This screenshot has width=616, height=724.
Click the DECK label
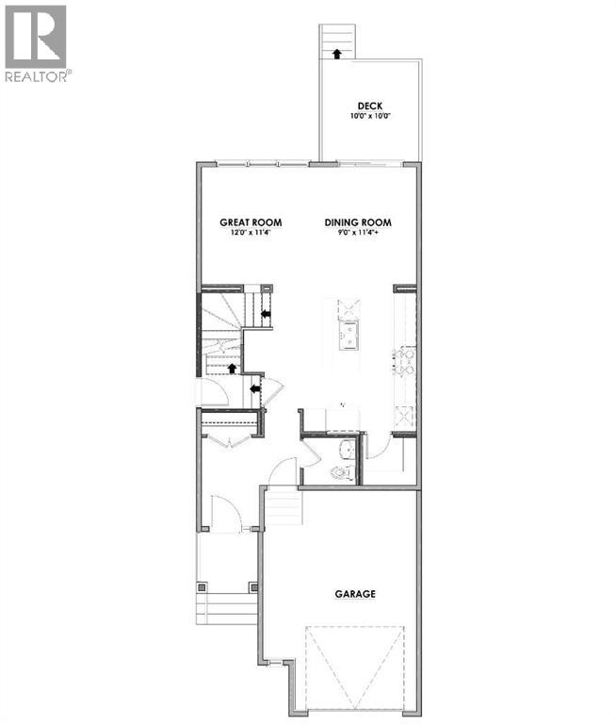(x=368, y=106)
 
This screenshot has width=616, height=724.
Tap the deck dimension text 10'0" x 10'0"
(x=368, y=117)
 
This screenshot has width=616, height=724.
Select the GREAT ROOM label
(x=247, y=223)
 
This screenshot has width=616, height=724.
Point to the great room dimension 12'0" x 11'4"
(x=247, y=234)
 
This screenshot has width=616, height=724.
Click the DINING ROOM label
(x=358, y=223)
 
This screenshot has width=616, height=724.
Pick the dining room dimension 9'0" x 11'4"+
(x=358, y=234)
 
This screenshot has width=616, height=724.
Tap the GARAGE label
(x=356, y=595)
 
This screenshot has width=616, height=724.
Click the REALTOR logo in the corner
(x=35, y=43)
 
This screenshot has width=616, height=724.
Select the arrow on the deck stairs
(x=335, y=53)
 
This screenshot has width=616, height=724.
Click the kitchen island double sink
(x=348, y=335)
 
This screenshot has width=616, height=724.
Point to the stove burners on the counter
(x=406, y=360)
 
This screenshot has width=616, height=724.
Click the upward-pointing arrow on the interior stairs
(x=232, y=367)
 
